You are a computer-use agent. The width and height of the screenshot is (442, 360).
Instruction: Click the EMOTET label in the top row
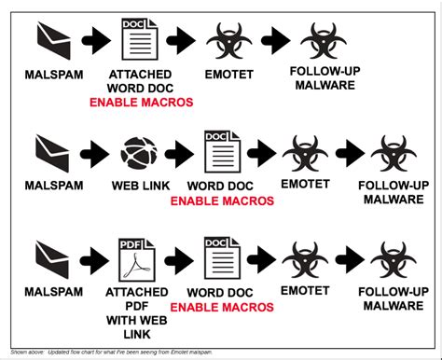228,72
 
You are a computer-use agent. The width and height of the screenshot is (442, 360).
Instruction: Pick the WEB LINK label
140,185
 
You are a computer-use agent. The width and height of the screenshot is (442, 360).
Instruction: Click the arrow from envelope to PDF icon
97,258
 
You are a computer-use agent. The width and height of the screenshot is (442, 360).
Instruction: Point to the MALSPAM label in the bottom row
52,292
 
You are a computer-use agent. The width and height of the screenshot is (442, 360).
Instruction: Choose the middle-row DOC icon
223,150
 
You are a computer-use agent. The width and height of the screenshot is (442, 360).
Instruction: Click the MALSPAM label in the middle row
52,185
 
